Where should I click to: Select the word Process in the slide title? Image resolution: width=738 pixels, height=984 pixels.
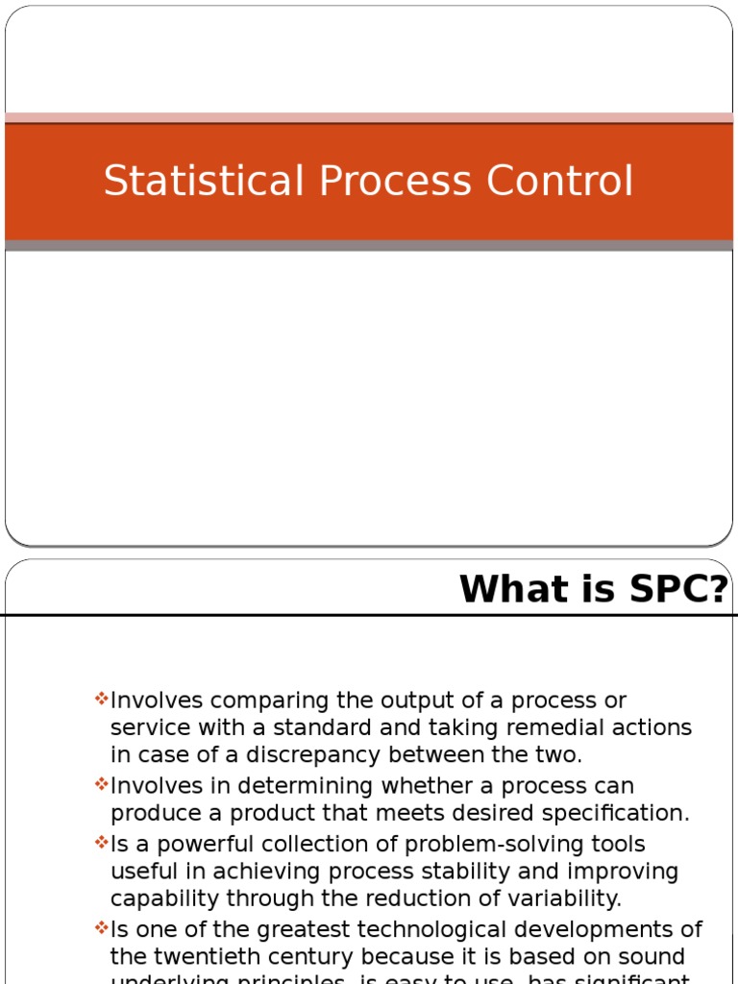[x=390, y=182]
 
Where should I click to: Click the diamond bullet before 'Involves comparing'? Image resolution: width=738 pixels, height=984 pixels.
[x=102, y=699]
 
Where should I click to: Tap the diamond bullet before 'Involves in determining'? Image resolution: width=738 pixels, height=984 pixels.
[x=102, y=784]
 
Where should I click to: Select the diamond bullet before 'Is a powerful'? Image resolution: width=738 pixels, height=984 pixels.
[x=102, y=842]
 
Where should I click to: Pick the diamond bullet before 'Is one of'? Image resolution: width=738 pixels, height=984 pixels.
[x=102, y=928]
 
